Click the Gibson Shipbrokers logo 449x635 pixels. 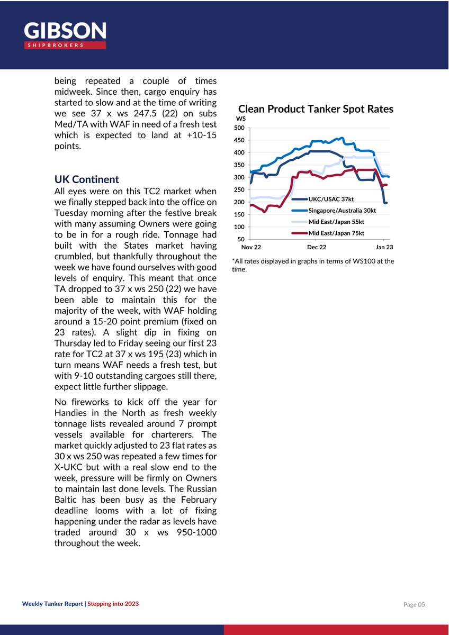(x=65, y=35)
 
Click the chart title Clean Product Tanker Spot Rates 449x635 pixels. (x=316, y=109)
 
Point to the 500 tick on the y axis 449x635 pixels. (x=239, y=128)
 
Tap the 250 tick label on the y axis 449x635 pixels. (x=239, y=190)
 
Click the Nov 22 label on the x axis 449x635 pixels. (x=251, y=247)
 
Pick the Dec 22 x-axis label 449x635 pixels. (x=317, y=247)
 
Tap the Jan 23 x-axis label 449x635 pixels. (x=384, y=247)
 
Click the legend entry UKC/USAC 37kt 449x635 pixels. (x=330, y=199)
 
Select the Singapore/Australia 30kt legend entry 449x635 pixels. (x=342, y=211)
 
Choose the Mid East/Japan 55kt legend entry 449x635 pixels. (x=336, y=222)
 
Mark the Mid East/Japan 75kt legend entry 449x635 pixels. (x=336, y=233)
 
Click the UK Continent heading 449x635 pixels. (x=87, y=179)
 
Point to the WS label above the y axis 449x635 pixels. (x=241, y=119)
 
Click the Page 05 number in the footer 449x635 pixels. (x=414, y=604)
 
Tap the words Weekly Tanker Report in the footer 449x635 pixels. (x=53, y=604)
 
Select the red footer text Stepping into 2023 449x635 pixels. (x=113, y=604)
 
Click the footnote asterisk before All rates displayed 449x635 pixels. (x=234, y=261)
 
